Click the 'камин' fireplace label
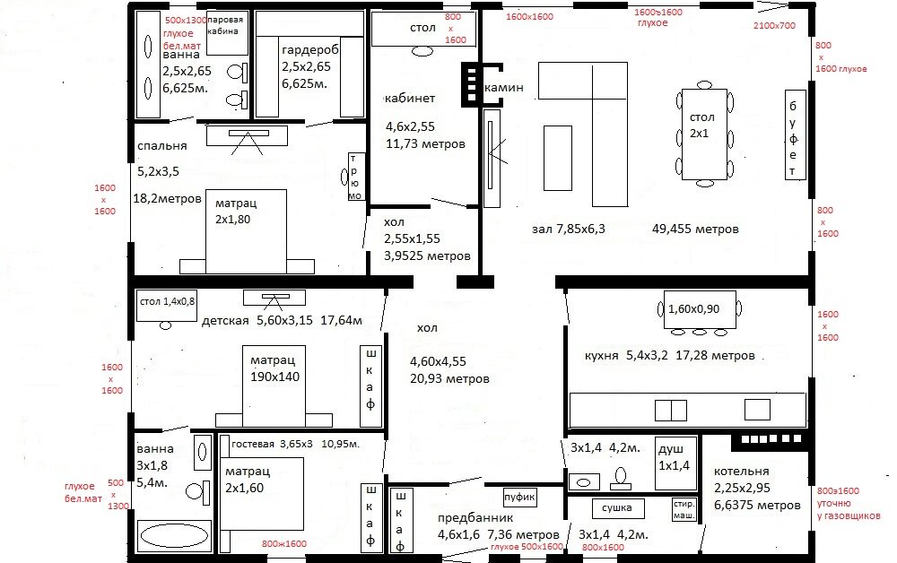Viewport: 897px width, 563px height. pyautogui.click(x=503, y=88)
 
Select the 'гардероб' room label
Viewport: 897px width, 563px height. pyautogui.click(x=309, y=50)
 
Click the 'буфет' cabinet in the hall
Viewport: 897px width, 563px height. pyautogui.click(x=793, y=134)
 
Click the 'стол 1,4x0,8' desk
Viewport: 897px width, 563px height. pyautogui.click(x=167, y=301)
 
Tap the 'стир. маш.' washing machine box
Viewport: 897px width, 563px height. pyautogui.click(x=684, y=508)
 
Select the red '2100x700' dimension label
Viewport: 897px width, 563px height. pyautogui.click(x=775, y=25)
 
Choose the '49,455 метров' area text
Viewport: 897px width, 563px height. pyautogui.click(x=696, y=230)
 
